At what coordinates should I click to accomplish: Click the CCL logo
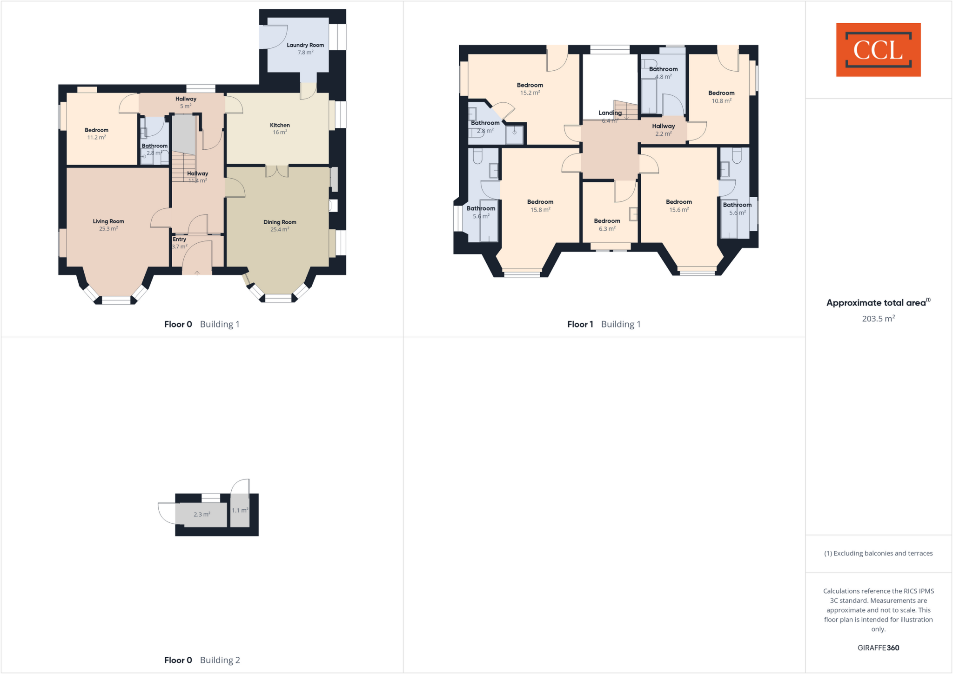878,50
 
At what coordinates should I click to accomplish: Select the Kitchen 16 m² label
280,128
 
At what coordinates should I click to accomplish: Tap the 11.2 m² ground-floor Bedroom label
96,133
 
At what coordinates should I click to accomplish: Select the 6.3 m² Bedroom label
607,225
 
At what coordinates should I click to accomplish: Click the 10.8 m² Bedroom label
721,97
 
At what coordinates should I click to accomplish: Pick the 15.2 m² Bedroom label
530,88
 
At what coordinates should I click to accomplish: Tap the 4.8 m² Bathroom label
663,73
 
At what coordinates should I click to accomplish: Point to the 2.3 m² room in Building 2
202,514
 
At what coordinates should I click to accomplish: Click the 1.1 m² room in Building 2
240,510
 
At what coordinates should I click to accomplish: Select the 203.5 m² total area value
878,319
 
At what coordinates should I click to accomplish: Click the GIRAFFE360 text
878,647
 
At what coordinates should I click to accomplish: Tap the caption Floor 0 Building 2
202,660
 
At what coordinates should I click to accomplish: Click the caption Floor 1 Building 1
604,324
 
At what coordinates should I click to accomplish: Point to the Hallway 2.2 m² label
663,130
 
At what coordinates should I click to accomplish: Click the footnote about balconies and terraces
878,553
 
